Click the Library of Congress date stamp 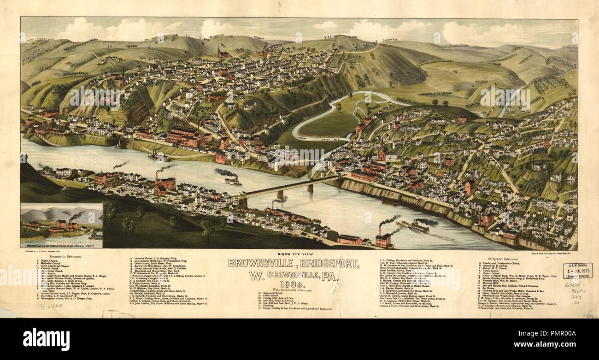577,271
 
